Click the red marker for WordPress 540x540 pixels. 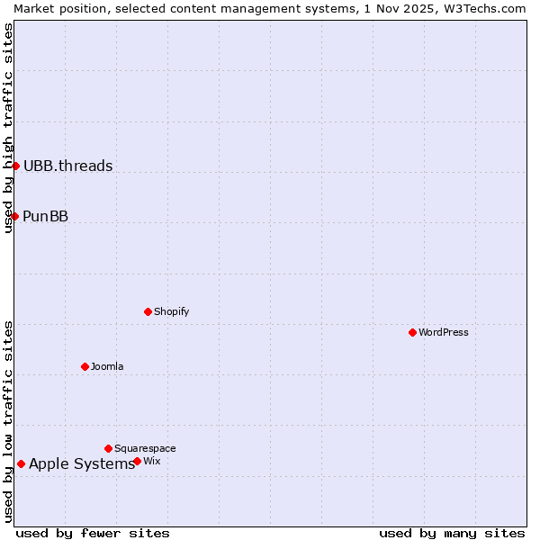(x=412, y=332)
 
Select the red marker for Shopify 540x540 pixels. (x=148, y=311)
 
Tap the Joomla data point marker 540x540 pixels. (x=85, y=366)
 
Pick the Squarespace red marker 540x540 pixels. (x=108, y=448)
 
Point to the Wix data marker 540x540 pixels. (x=137, y=461)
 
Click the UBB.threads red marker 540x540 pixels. (x=15, y=166)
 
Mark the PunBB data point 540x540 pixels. (x=14, y=216)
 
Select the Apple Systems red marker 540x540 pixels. (x=21, y=464)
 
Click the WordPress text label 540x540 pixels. (x=444, y=332)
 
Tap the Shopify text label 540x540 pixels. (x=171, y=311)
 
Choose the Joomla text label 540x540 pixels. (x=107, y=366)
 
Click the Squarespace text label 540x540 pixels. (x=145, y=448)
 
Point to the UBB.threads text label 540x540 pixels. (x=68, y=166)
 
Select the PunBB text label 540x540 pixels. (x=46, y=216)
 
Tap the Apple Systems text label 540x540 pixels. (x=82, y=464)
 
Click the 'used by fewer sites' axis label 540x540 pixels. (x=93, y=533)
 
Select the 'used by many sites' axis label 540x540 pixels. (x=452, y=533)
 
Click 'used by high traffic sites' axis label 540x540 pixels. (x=9, y=128)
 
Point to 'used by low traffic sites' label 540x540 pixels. (x=9, y=421)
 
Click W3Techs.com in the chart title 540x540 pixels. (x=487, y=8)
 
